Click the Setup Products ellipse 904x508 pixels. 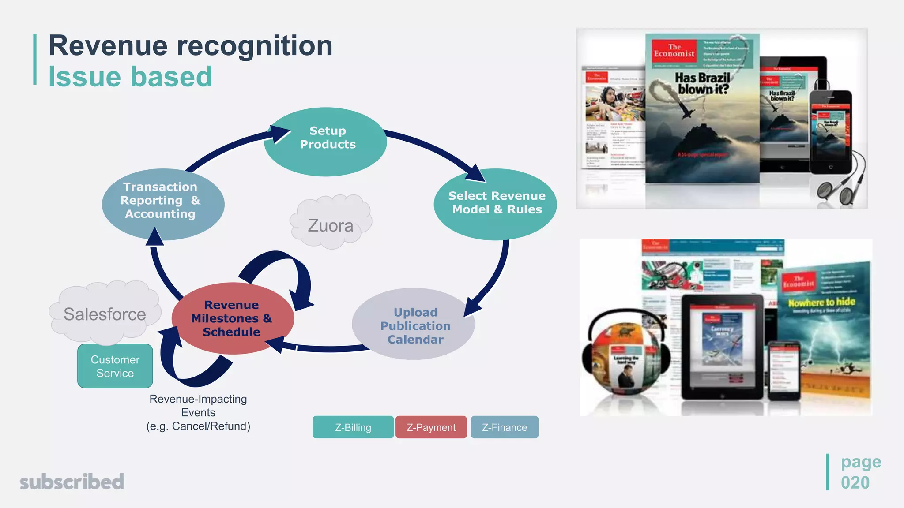326,142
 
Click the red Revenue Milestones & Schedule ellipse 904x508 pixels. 232,318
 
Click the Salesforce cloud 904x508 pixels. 105,314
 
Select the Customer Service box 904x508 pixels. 115,366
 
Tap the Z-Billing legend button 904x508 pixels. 353,427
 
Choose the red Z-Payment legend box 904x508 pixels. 431,427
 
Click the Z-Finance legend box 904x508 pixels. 504,427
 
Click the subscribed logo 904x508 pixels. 72,482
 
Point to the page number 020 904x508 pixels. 855,482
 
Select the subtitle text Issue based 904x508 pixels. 130,77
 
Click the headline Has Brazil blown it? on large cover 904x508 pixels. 702,84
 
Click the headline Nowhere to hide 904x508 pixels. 821,302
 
